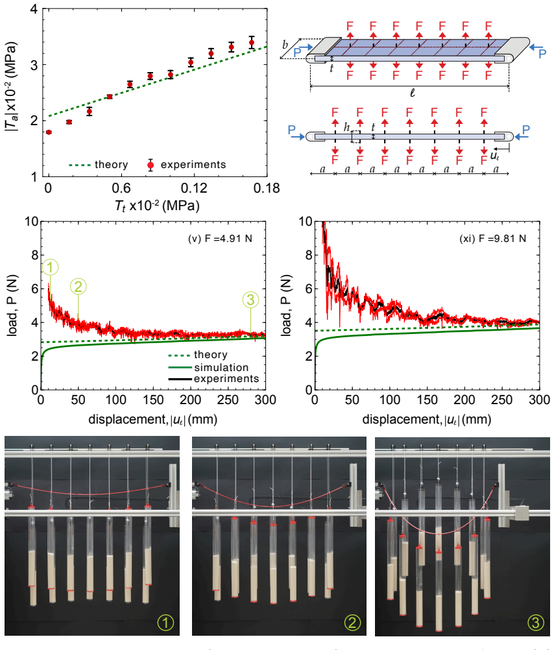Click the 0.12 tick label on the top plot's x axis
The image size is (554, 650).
click(x=194, y=188)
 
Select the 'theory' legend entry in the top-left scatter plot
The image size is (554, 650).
click(x=98, y=165)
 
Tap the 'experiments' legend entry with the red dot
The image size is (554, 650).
click(x=187, y=165)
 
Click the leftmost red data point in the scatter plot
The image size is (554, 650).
click(x=49, y=132)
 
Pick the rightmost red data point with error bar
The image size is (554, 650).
click(x=251, y=42)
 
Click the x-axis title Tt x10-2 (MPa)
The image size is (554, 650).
click(x=157, y=206)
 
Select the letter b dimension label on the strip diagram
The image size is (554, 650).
click(x=285, y=44)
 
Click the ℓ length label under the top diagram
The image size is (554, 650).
click(x=412, y=93)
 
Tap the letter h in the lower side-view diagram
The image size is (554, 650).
click(x=346, y=127)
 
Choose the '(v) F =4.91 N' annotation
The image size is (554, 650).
click(x=220, y=239)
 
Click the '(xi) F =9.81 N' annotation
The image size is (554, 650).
click(x=492, y=239)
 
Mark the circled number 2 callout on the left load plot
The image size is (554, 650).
click(x=78, y=287)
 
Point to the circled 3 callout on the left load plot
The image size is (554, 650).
click(x=250, y=300)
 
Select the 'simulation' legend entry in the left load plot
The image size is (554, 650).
click(x=209, y=367)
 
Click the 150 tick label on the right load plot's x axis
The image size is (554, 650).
click(x=427, y=400)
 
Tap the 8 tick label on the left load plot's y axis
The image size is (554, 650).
click(x=35, y=256)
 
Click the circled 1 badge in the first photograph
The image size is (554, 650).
click(x=165, y=622)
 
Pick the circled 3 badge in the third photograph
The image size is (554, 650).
click(x=535, y=622)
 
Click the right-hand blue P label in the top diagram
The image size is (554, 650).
click(x=542, y=53)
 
